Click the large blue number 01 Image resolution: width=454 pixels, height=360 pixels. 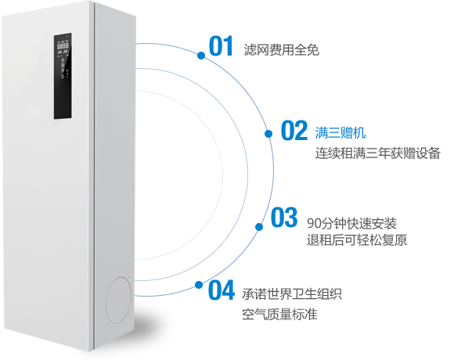tap(221, 45)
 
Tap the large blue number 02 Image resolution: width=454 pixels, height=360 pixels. tap(294, 130)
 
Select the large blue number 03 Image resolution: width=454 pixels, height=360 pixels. tap(284, 217)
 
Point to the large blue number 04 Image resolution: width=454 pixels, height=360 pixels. tap(222, 290)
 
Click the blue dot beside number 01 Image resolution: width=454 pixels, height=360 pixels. tap(201, 56)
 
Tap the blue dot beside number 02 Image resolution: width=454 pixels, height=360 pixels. tap(268, 134)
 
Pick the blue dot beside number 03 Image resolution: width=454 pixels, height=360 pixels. tap(259, 227)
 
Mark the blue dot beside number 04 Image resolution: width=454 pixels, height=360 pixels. tap(199, 285)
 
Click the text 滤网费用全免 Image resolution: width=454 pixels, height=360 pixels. tap(282, 50)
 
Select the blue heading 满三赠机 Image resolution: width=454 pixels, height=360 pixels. tap(340, 132)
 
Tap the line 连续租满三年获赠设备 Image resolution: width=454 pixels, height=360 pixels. tap(378, 153)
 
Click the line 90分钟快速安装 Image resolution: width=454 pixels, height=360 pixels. tap(351, 223)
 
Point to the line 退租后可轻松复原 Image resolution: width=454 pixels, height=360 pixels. tap(357, 240)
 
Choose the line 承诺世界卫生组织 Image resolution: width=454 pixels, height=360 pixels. tap(292, 294)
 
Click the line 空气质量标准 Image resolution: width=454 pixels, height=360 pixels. tap(279, 314)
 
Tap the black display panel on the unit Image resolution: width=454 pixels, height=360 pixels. tap(63, 76)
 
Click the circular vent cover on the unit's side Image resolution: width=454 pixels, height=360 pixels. tap(119, 300)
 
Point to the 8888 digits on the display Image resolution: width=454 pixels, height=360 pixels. tap(63, 46)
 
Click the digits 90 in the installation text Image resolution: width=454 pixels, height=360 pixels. tap(314, 223)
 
